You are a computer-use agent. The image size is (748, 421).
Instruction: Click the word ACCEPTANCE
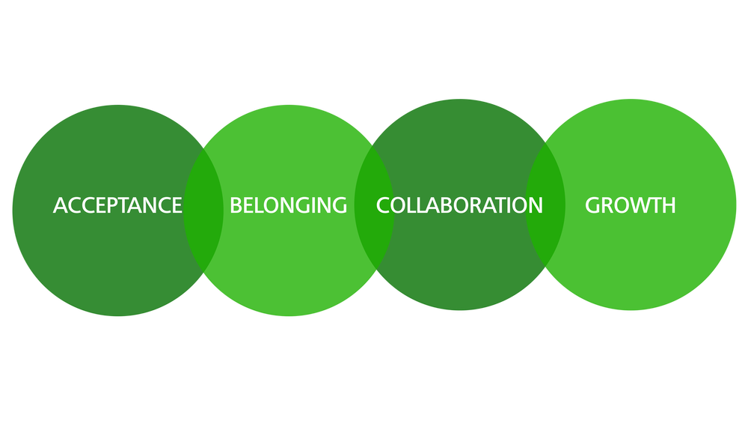(x=117, y=205)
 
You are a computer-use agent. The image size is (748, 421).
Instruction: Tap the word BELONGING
(x=288, y=205)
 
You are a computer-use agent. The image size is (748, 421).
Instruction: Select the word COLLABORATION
(x=459, y=205)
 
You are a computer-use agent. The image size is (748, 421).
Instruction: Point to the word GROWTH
(x=630, y=205)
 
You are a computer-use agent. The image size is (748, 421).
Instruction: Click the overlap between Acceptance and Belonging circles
(x=203, y=210)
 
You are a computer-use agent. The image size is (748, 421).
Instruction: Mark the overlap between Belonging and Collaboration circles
(x=375, y=208)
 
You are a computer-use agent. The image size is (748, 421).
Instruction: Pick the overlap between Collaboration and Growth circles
(x=545, y=205)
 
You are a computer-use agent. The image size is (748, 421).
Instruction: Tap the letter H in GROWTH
(x=668, y=205)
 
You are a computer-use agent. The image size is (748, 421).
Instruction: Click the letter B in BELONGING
(x=236, y=205)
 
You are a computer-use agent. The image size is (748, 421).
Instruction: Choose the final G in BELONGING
(x=339, y=205)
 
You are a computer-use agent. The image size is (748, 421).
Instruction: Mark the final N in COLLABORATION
(x=536, y=205)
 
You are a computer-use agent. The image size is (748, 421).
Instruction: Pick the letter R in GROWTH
(x=607, y=205)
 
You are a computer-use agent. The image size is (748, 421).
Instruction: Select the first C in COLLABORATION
(x=383, y=205)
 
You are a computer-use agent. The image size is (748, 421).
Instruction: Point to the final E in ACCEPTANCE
(x=177, y=205)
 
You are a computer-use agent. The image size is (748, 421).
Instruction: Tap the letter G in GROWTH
(x=592, y=205)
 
